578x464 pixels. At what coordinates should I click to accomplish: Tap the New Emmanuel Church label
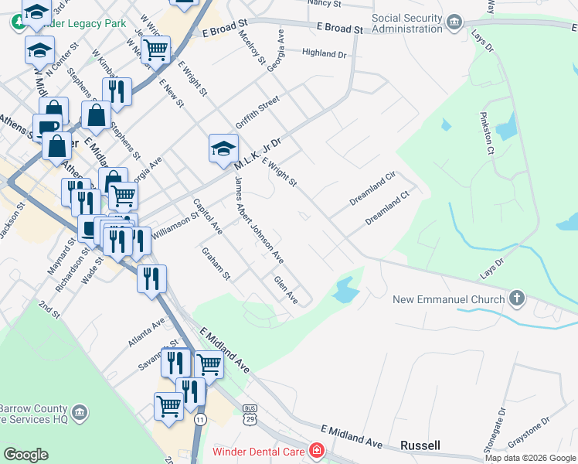point(448,299)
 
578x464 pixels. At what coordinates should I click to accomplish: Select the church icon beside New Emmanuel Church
point(517,299)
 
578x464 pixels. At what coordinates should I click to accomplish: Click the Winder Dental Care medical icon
point(316,450)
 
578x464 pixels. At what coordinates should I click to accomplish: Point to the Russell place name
point(420,445)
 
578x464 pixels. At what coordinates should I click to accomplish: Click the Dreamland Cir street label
point(372,188)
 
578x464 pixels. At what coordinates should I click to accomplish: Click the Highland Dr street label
point(325,54)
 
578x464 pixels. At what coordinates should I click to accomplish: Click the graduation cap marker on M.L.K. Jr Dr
point(223,148)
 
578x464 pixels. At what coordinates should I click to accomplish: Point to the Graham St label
point(216,263)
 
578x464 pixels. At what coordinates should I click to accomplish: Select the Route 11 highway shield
point(200,418)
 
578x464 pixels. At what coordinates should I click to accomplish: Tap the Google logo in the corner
point(25,455)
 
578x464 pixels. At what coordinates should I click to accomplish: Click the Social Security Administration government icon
point(454,21)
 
